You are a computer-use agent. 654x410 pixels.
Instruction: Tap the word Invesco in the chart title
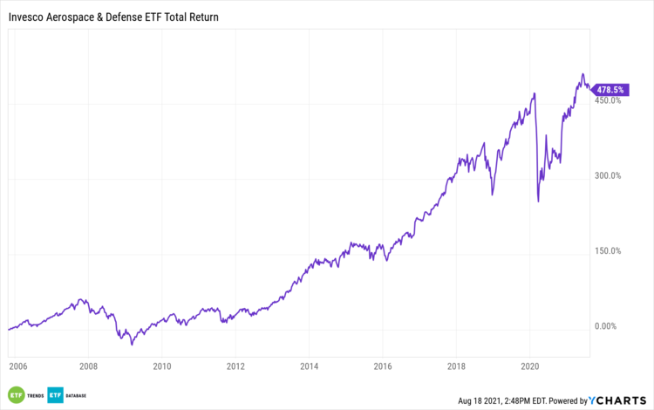pos(27,17)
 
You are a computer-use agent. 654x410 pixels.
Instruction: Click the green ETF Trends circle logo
pos(16,393)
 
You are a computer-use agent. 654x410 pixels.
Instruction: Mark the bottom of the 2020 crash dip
pos(538,202)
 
